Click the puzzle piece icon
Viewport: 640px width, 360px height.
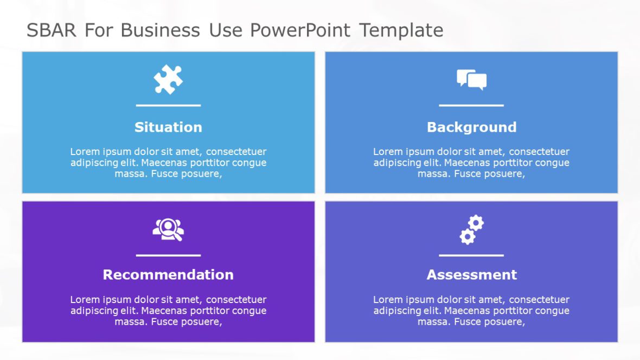point(168,80)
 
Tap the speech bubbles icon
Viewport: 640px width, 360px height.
point(471,80)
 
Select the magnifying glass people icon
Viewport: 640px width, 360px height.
point(168,229)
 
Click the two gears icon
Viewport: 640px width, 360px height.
point(471,229)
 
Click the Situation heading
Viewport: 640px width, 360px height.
point(168,127)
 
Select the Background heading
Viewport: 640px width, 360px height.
point(471,127)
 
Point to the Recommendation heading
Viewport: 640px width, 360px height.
point(168,275)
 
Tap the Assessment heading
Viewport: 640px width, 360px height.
point(471,275)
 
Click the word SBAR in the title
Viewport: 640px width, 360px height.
point(52,31)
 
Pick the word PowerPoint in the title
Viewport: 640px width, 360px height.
point(300,31)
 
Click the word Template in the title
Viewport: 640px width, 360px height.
point(401,31)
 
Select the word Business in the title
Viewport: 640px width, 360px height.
point(160,31)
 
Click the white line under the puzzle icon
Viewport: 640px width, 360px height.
point(168,105)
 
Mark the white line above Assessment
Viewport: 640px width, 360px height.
point(471,255)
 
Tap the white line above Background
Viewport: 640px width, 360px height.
point(471,105)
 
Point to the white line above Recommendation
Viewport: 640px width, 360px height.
point(168,255)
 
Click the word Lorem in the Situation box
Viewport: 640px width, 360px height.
point(84,152)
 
